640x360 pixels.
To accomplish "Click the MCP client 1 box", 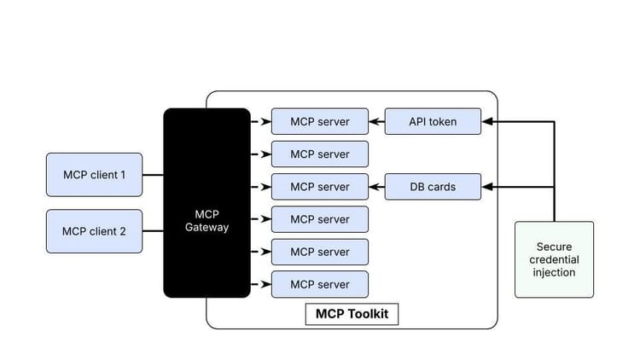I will click(94, 175).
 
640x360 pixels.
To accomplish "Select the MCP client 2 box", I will click(94, 231).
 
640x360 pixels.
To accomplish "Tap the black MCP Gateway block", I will click(207, 203).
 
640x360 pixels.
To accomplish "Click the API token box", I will click(433, 122).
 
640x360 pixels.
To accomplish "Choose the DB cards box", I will click(433, 187).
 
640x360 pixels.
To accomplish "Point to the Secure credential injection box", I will click(554, 259).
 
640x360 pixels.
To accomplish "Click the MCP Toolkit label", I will click(352, 314).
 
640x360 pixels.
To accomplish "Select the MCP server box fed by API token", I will click(320, 122).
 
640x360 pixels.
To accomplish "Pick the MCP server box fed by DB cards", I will click(320, 187).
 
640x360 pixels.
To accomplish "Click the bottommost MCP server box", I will click(320, 284).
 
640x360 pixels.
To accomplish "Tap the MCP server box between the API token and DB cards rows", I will click(320, 154).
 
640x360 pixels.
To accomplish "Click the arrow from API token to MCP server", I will click(376, 122).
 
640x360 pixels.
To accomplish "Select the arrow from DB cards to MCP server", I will click(376, 187).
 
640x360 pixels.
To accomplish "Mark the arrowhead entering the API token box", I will click(486, 122).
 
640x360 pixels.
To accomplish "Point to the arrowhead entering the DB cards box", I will click(486, 187).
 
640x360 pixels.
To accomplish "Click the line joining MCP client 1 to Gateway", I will click(153, 175).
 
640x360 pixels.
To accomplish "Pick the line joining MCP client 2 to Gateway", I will click(153, 231).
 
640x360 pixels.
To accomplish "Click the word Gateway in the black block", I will click(207, 228).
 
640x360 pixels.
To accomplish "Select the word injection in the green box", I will click(554, 273).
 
